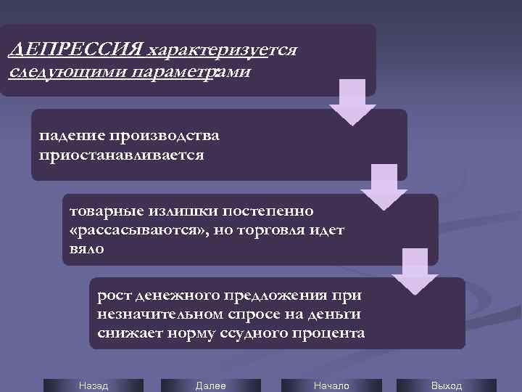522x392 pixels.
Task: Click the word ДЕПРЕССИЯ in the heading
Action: point(74,52)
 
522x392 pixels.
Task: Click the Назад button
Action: point(93,385)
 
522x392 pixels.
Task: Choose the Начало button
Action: point(331,385)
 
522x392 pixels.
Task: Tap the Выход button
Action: point(446,385)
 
